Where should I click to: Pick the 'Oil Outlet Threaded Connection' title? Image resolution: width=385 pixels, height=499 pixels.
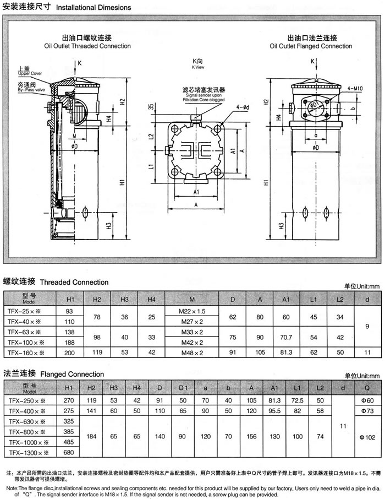88,46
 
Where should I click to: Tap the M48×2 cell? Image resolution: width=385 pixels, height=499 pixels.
191,352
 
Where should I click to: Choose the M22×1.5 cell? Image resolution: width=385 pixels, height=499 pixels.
191,312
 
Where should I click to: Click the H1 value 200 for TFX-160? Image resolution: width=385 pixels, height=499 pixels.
69,352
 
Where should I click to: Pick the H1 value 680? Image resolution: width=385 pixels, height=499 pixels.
69,452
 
